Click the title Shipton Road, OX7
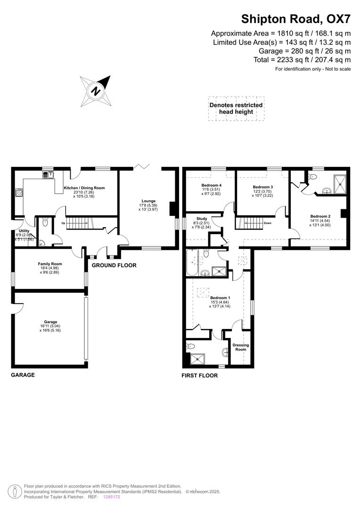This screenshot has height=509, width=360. pyautogui.click(x=296, y=19)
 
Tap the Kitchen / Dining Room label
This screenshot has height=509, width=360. pyautogui.click(x=84, y=188)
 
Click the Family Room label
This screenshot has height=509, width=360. pyautogui.click(x=50, y=264)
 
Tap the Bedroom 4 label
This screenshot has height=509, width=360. pyautogui.click(x=211, y=185)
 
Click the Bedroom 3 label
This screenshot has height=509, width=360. pyautogui.click(x=262, y=187)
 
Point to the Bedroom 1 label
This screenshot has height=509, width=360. pyautogui.click(x=220, y=298)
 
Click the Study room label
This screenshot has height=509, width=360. pyautogui.click(x=202, y=219)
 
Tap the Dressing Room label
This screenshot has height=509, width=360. pyautogui.click(x=241, y=347)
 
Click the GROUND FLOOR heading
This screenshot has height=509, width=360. pyautogui.click(x=114, y=265)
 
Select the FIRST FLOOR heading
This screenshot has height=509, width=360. pyautogui.click(x=200, y=376)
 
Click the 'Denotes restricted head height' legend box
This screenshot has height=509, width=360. pyautogui.click(x=236, y=108)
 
